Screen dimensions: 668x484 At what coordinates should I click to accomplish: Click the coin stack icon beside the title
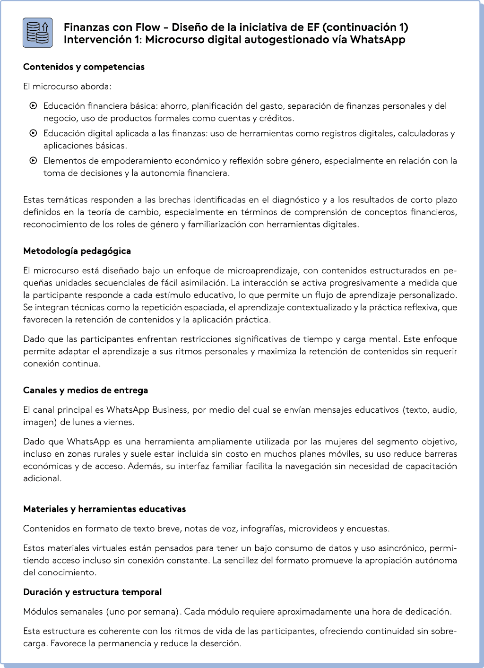click(x=38, y=33)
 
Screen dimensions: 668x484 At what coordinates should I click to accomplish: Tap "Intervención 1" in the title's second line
click(x=98, y=40)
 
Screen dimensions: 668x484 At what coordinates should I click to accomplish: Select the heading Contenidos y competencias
click(x=84, y=67)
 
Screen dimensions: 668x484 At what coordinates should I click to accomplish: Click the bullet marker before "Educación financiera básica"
click(x=34, y=105)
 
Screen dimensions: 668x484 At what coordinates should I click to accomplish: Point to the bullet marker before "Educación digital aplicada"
click(x=34, y=133)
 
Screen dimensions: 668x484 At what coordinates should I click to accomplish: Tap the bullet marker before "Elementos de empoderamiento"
click(x=34, y=160)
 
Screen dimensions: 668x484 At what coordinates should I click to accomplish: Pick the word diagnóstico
click(x=295, y=200)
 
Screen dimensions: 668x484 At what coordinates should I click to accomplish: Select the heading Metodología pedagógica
click(x=77, y=251)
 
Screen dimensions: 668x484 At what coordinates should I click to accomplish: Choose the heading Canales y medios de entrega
click(x=86, y=390)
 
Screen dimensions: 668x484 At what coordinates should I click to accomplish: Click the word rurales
click(x=106, y=454)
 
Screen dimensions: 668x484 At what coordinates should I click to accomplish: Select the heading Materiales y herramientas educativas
click(x=104, y=509)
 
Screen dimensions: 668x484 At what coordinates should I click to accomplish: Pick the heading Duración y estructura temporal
click(x=92, y=592)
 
